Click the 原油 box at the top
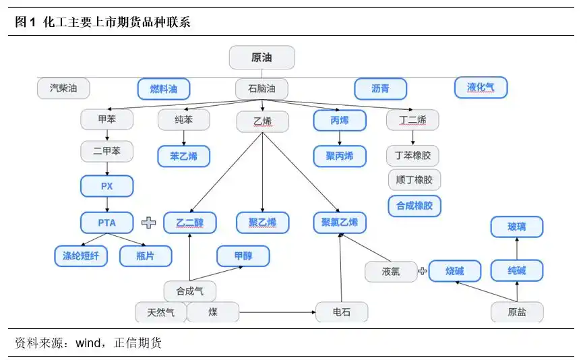point(262,57)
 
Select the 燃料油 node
point(164,89)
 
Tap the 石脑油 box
point(262,89)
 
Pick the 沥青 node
point(380,89)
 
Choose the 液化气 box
point(481,87)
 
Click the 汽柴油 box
point(63,88)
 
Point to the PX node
point(107,186)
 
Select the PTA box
point(107,222)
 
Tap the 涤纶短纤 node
point(81,256)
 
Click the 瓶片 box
point(146,256)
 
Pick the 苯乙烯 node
point(184,156)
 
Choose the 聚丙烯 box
point(340,156)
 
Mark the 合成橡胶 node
point(415,206)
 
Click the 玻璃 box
point(516,227)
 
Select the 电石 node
point(342,312)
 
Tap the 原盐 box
point(516,312)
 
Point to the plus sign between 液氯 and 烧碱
point(423,272)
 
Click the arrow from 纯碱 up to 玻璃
point(517,249)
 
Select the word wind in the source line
point(88,343)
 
